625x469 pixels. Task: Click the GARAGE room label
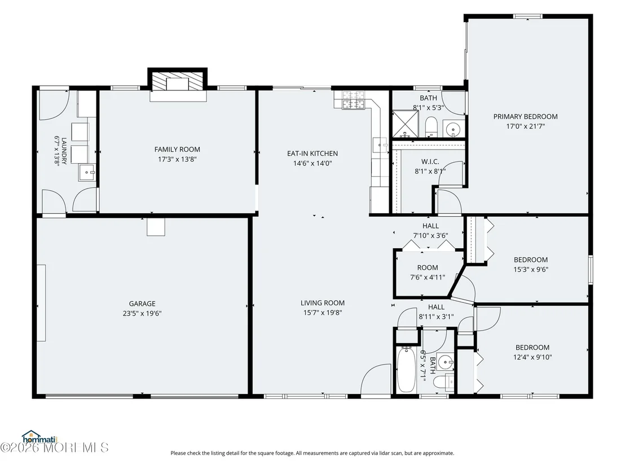pos(142,304)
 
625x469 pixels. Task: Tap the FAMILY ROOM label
pos(177,150)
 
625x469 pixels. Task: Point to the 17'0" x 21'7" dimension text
pos(526,126)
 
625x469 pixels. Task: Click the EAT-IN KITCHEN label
pos(312,154)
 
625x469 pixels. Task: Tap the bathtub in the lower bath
pos(406,370)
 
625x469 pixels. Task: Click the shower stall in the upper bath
pos(406,124)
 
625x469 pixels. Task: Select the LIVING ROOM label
pos(323,303)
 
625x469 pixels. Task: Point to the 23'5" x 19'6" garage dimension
pos(142,313)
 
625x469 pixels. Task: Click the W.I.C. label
pos(430,161)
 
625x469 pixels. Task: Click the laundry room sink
pos(86,173)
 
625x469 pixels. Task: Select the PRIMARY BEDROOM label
pos(525,116)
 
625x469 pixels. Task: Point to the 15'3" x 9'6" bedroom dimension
pos(531,269)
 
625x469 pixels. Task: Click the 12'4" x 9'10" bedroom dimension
pos(532,357)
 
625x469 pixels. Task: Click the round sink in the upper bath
pos(453,129)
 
